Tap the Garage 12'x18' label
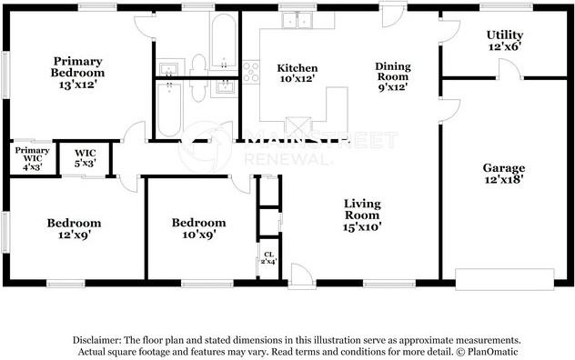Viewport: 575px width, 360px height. [x=503, y=174]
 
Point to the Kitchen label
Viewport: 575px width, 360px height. [x=298, y=74]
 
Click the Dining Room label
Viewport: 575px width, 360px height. [x=394, y=76]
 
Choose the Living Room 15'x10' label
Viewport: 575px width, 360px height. [x=361, y=215]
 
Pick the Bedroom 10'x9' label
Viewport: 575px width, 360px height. [x=198, y=228]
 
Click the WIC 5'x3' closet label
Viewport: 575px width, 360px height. [x=85, y=156]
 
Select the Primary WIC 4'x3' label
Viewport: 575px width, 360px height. [x=32, y=155]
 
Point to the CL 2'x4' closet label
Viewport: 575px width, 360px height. [x=268, y=258]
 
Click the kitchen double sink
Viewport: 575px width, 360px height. [x=297, y=24]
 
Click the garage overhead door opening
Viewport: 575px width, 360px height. [x=504, y=277]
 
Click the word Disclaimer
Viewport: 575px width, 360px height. [x=97, y=338]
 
